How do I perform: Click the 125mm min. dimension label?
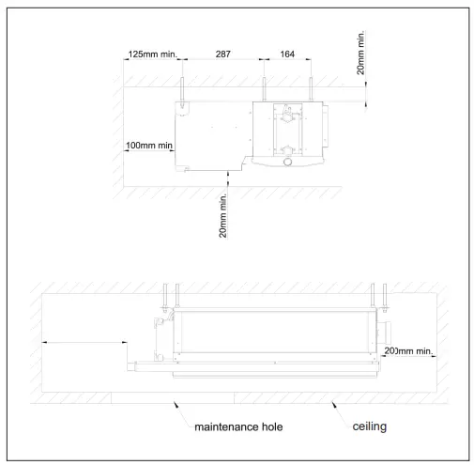pyautogui.click(x=153, y=54)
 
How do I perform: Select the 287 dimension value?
pyautogui.click(x=223, y=54)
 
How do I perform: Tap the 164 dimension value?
pyautogui.click(x=287, y=54)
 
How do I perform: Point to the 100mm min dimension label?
pyautogui.click(x=149, y=146)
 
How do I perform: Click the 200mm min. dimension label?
pyautogui.click(x=408, y=351)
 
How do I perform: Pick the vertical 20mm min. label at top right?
pyautogui.click(x=360, y=53)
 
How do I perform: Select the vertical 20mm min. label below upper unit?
pyautogui.click(x=222, y=216)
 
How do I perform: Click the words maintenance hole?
pyautogui.click(x=238, y=426)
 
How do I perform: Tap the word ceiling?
pyautogui.click(x=370, y=426)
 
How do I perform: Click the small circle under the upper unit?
pyautogui.click(x=287, y=162)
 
